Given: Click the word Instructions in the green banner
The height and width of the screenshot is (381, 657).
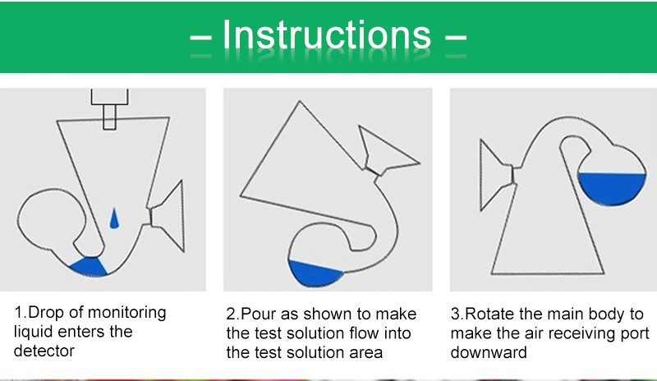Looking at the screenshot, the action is click(x=326, y=34).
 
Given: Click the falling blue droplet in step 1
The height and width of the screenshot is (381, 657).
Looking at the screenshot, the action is click(x=114, y=218).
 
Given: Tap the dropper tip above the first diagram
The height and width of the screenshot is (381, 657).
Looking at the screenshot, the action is click(x=109, y=117).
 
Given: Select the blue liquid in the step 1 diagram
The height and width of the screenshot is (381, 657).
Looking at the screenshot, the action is click(x=89, y=267).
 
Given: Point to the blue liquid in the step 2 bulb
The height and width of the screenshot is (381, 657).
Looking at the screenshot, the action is click(x=315, y=273).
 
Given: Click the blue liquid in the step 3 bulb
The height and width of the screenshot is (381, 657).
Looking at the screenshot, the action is click(x=612, y=188).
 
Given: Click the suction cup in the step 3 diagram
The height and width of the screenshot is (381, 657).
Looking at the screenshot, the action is click(x=497, y=175).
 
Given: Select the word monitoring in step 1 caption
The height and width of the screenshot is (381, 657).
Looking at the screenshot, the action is click(x=127, y=313).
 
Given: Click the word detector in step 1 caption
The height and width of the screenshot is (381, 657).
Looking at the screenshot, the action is click(x=44, y=351).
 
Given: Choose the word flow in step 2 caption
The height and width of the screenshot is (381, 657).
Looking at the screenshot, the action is click(x=364, y=333).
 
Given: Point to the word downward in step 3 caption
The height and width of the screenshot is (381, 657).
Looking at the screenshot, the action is click(x=489, y=352).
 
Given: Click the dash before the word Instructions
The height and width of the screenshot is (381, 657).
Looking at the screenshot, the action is click(x=200, y=38).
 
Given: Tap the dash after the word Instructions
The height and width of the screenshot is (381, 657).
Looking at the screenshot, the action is click(x=456, y=38).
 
